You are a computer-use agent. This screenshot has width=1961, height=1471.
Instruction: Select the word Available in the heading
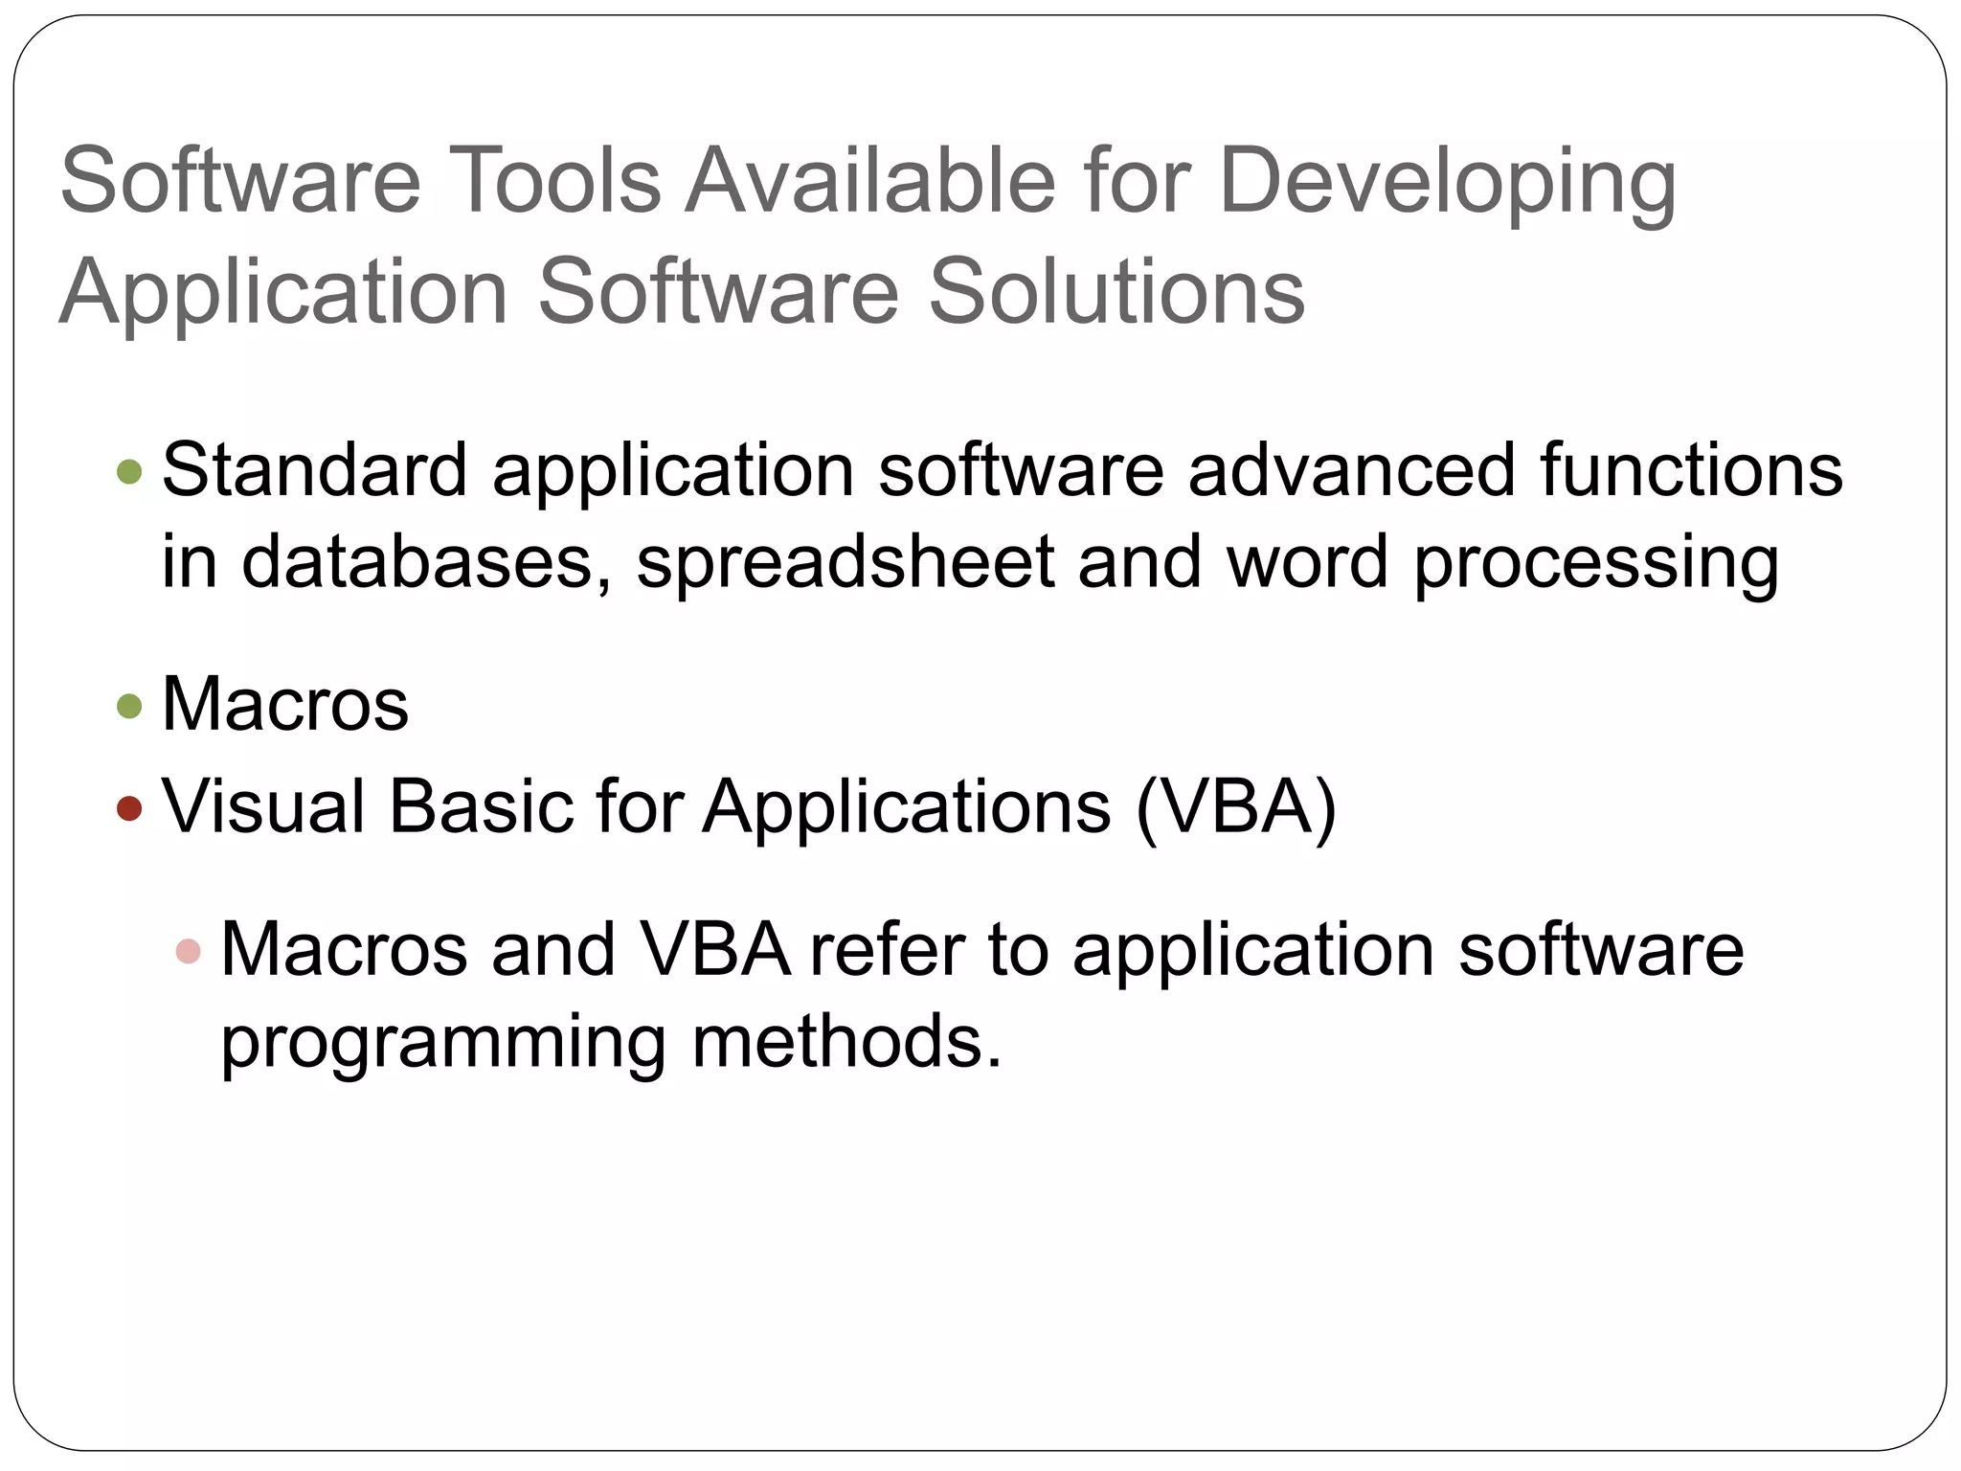[x=871, y=180]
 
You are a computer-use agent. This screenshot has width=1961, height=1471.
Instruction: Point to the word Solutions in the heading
[x=1116, y=291]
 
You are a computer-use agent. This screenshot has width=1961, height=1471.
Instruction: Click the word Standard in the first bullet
[x=315, y=470]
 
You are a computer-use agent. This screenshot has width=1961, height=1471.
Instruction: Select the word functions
[x=1691, y=470]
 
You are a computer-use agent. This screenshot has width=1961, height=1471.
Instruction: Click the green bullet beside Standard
[x=129, y=471]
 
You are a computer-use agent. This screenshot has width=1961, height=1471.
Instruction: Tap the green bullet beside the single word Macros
[x=129, y=706]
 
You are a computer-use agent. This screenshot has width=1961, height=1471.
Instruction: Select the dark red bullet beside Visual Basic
[x=129, y=808]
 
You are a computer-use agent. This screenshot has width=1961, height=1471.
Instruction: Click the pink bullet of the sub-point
[x=189, y=951]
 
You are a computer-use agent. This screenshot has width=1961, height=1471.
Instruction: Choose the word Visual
[x=263, y=806]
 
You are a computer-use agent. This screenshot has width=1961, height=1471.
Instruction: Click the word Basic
[x=480, y=806]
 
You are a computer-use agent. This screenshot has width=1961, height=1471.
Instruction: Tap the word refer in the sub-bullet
[x=887, y=950]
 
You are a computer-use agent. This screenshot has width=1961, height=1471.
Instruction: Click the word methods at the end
[x=845, y=1042]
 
